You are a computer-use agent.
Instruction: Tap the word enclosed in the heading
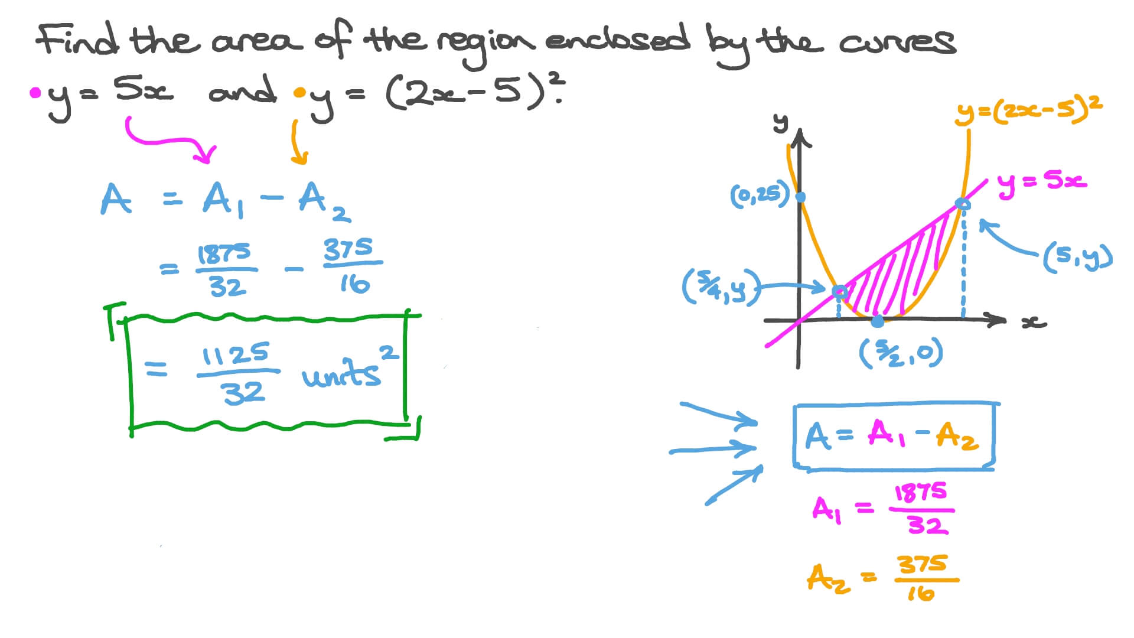617,40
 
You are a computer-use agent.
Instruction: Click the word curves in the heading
897,41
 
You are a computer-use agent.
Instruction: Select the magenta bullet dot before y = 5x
35,93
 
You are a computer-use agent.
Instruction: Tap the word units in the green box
341,375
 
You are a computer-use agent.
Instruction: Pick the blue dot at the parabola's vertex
878,321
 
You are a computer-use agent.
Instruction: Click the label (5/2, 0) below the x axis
901,354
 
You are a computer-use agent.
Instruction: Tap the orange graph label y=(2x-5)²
1028,110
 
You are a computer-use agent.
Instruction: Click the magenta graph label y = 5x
1042,182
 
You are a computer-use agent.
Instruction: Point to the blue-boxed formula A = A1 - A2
894,437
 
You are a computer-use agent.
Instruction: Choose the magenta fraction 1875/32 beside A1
921,509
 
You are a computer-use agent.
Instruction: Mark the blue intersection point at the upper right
963,204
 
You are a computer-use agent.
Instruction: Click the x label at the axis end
1034,323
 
